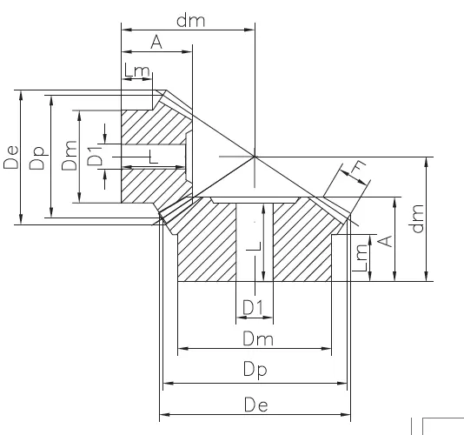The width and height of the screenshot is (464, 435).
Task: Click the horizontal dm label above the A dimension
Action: [x=189, y=20]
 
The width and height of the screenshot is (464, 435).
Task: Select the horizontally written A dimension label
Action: [x=156, y=43]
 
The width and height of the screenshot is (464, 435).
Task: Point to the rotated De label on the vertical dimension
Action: [x=10, y=158]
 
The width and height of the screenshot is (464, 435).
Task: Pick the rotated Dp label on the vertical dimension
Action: [x=36, y=158]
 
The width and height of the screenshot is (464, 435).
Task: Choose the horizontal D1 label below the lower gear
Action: [x=253, y=308]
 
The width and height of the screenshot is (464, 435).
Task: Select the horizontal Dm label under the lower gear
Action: [x=254, y=338]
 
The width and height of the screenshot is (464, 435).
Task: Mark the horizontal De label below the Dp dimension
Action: [x=255, y=402]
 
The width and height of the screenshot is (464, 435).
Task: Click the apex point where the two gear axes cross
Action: [x=255, y=157]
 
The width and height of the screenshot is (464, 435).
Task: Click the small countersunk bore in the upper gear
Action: [x=184, y=157]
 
